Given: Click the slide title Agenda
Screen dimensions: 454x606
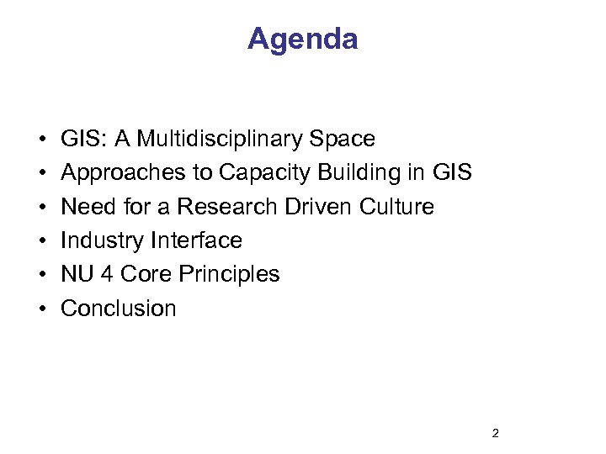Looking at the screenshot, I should tap(302, 39).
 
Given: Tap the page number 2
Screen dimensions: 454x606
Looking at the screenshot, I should tap(495, 434).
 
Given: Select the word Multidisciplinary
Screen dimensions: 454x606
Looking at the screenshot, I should tap(225, 139).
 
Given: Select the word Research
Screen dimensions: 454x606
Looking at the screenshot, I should tap(231, 207).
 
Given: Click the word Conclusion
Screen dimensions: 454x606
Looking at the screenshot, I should tap(119, 309).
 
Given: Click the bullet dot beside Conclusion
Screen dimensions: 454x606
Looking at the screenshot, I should tap(41, 309).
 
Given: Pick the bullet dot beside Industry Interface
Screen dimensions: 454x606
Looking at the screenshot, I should tap(41, 241).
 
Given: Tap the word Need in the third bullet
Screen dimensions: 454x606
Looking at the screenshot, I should tap(87, 207).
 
